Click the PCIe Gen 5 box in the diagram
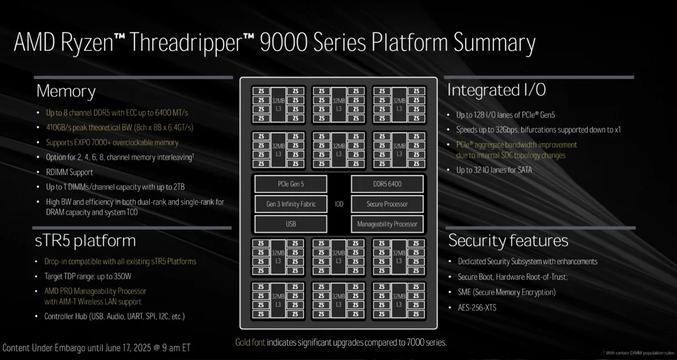291,184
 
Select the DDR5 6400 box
387,184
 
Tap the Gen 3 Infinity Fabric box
291,204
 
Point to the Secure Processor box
387,204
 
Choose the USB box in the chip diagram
291,223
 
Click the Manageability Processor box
387,223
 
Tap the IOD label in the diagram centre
339,204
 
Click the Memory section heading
66,91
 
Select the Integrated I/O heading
496,90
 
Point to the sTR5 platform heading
86,240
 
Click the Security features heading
508,240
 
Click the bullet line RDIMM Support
69,172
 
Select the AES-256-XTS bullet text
477,307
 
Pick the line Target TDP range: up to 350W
88,276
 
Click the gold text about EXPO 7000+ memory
112,142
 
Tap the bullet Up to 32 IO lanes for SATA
494,170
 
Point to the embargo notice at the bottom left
96,348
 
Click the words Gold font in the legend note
250,342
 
